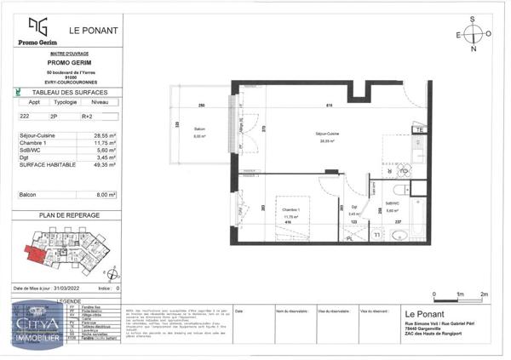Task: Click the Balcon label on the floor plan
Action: pos(200,131)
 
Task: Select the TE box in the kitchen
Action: pos(419,129)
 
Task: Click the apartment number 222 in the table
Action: pos(26,115)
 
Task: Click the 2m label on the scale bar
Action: pos(485,294)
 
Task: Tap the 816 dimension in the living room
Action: pos(329,105)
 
